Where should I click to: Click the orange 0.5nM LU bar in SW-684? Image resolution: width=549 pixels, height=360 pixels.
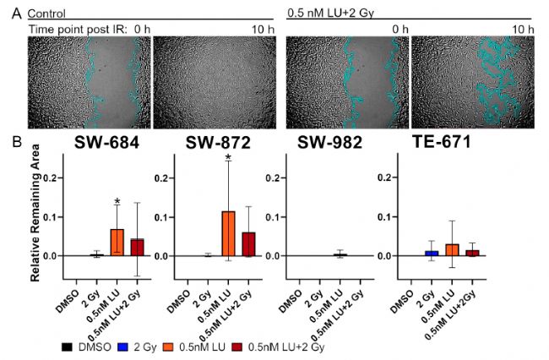[117, 243]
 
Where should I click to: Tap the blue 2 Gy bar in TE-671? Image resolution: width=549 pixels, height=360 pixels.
[432, 254]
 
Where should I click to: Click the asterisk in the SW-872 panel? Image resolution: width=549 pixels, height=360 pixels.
[228, 158]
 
